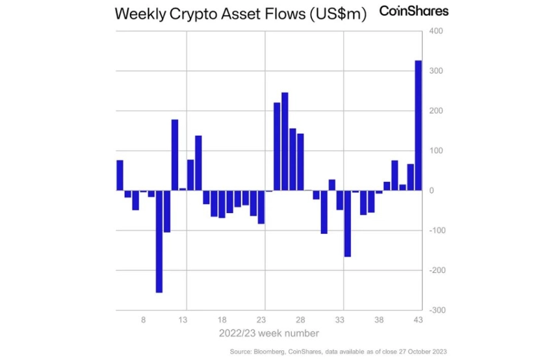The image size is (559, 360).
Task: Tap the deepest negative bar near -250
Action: coord(159,241)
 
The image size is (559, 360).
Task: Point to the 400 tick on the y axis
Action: coord(435,31)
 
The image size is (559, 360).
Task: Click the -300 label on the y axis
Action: coord(435,310)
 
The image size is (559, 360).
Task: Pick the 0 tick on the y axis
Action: coord(432,190)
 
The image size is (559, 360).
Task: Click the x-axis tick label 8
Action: coord(144,320)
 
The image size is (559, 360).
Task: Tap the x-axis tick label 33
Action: coord(339,320)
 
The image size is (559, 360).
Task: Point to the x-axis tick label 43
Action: coord(418,320)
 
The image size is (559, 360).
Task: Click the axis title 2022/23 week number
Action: coord(268,334)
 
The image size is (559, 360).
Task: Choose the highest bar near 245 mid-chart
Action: coord(285,142)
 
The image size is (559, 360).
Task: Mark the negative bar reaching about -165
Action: coord(348,224)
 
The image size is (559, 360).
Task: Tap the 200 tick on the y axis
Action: coord(435,110)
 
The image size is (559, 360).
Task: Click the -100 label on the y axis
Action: coord(435,231)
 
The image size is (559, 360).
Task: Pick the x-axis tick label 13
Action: coord(183,320)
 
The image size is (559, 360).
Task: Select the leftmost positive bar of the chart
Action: coord(120,175)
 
